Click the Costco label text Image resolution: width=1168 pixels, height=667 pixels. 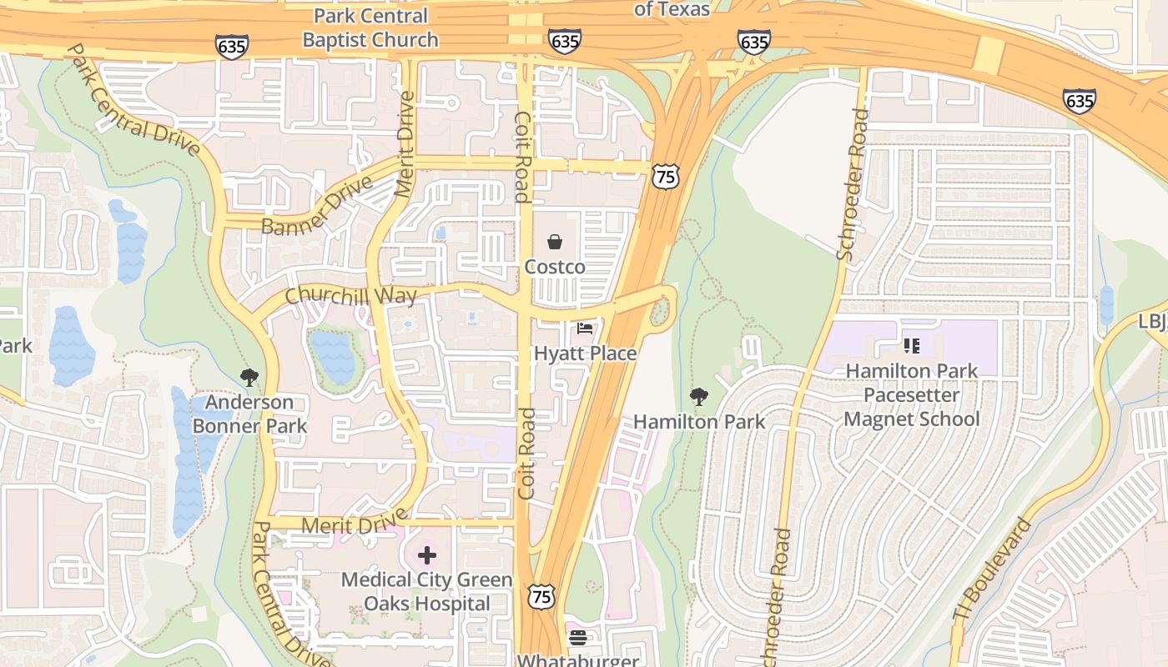pos(555,267)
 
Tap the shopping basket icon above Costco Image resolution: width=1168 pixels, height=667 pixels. pos(555,243)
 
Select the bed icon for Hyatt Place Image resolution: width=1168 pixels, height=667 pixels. pos(585,328)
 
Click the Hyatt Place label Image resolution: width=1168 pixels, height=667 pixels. pos(585,354)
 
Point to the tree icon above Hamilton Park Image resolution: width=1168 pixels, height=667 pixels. pos(699,397)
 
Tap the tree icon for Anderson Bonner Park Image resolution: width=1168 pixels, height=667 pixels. pos(249,378)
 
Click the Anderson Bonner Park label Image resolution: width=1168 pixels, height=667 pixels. pos(249,414)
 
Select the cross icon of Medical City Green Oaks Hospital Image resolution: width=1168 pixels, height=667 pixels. pos(427,555)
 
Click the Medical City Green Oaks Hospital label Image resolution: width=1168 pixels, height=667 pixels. pos(427,591)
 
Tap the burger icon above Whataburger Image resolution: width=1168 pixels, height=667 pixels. pos(577,639)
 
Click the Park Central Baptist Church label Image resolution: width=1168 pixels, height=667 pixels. pos(370,28)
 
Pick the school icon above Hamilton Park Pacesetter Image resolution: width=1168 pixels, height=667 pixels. pos(911,345)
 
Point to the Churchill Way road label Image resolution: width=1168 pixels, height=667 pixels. pos(350,295)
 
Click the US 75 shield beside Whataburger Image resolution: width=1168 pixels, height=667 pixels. pos(541,595)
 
